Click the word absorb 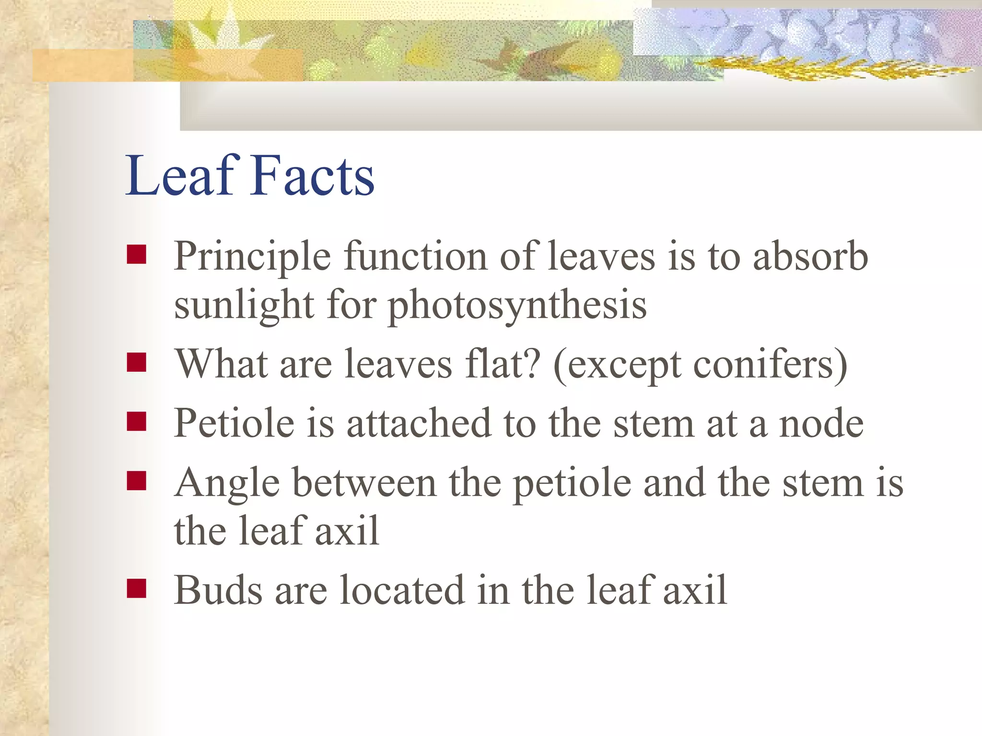point(810,257)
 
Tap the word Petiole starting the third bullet point(234,424)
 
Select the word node point(821,424)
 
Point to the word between point(364,483)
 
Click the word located point(402,590)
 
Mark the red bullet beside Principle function point(137,255)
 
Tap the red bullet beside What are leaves point(137,363)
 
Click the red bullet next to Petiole point(137,422)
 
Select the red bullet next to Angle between point(137,481)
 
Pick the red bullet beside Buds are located point(137,588)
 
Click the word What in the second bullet point(222,364)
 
